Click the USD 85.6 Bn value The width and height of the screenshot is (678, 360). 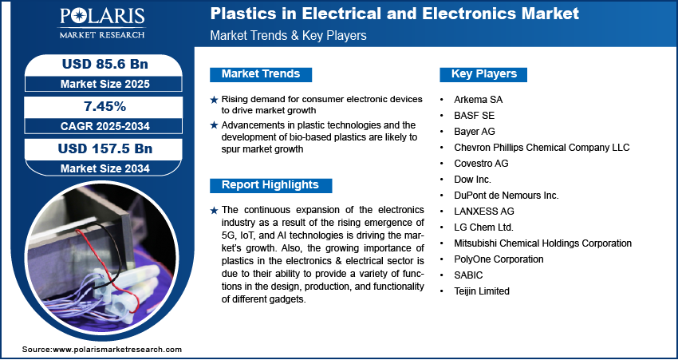99,65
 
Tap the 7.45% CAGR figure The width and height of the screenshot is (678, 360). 99,107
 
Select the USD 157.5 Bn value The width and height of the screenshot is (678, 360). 99,149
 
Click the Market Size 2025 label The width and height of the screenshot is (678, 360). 99,83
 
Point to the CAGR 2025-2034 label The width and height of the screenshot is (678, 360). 99,125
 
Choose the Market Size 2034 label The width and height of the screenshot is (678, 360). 99,168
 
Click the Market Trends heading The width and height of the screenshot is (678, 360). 261,74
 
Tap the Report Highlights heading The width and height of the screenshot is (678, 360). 270,185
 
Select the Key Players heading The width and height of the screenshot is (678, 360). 484,74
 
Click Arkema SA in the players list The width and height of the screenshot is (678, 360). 479,100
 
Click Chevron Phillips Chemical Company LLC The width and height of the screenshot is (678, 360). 542,148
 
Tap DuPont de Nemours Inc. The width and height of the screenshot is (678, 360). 506,196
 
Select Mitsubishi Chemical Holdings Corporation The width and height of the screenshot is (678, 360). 542,243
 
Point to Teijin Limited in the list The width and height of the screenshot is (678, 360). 482,291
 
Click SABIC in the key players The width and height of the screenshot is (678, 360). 468,275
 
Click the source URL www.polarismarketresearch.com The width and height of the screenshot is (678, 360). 116,350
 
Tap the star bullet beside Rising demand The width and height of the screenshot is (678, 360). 213,99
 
